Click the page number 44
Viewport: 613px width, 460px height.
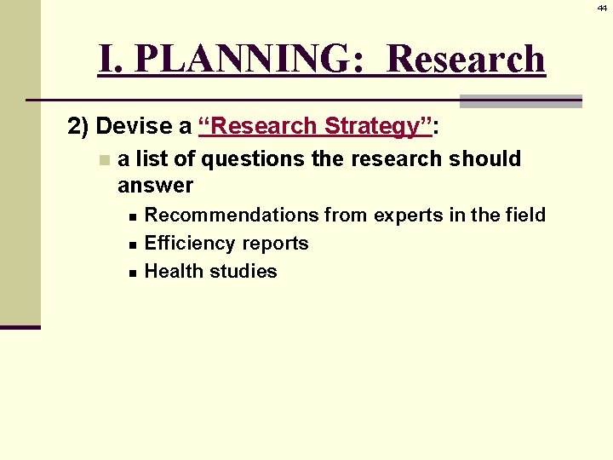602,7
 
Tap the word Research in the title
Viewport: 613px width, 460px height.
466,59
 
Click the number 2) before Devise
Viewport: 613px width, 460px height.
79,127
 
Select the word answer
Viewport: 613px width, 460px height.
155,185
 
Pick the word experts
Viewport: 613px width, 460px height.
398,215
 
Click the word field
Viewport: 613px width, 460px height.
523,215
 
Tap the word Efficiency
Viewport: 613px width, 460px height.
188,243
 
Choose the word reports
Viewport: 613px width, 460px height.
273,244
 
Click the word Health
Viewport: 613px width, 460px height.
174,271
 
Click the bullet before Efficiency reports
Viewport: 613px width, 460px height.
133,244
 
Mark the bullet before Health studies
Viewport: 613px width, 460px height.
133,272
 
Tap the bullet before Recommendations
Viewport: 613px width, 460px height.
133,216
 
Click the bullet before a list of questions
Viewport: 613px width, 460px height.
104,159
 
